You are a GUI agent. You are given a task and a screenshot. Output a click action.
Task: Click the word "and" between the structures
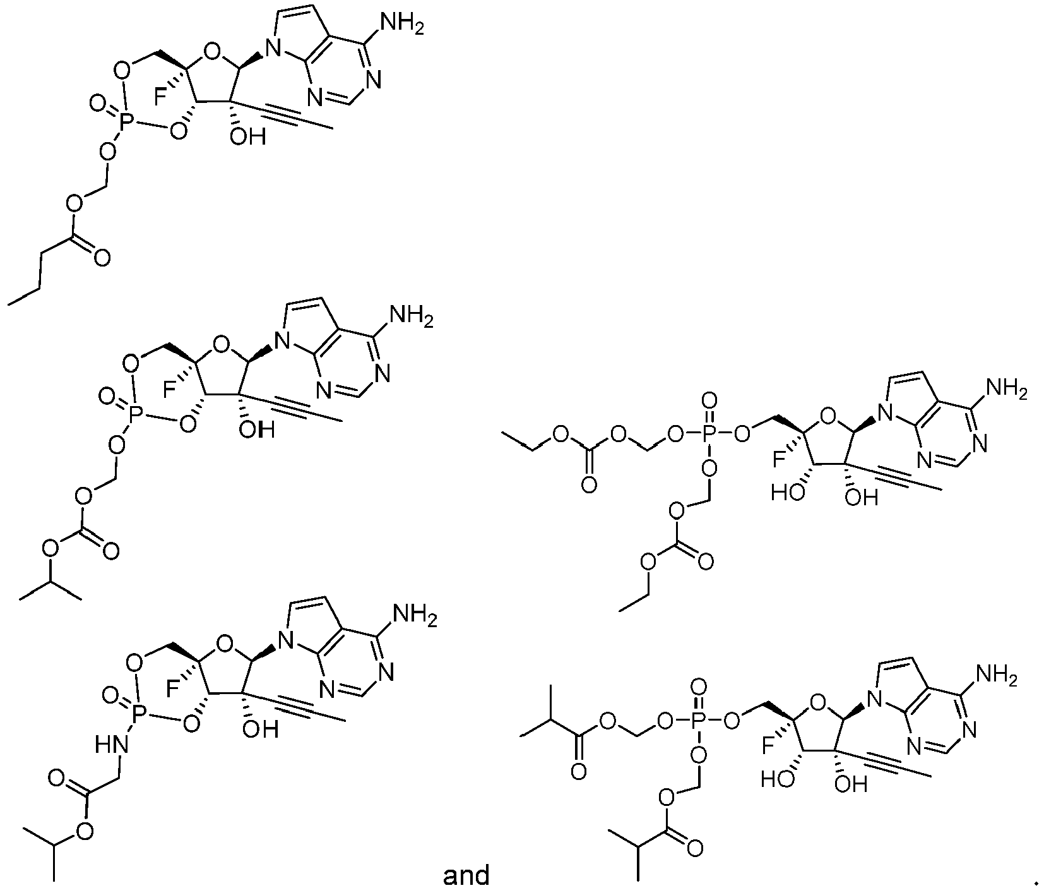click(x=466, y=875)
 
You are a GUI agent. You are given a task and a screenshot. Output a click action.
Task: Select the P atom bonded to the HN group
click(x=140, y=714)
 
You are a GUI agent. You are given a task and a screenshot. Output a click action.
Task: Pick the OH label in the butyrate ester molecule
click(x=247, y=136)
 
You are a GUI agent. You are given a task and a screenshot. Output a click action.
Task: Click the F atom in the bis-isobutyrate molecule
click(x=768, y=748)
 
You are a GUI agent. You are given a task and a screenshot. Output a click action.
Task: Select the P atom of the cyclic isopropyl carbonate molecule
click(x=133, y=414)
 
